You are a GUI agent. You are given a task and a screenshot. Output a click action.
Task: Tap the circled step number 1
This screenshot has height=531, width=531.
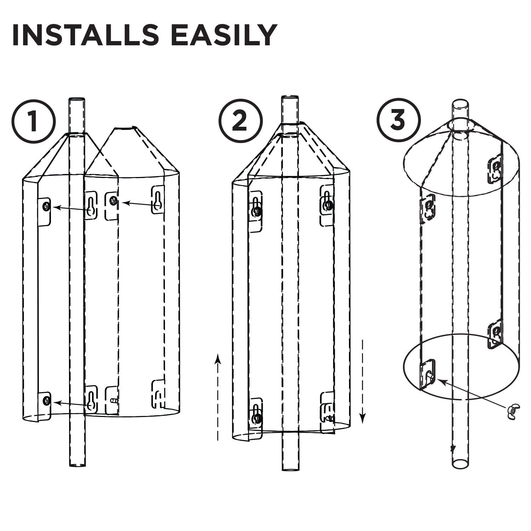34,121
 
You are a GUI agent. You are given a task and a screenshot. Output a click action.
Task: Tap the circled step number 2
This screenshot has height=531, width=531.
240,121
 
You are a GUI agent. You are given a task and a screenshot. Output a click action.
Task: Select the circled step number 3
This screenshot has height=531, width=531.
398,120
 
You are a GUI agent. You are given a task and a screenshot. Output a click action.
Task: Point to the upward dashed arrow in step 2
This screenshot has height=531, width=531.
218,396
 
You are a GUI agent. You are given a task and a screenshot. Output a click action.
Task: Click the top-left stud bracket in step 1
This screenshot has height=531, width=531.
45,211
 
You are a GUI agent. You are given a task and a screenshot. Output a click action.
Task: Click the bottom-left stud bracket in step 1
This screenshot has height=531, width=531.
45,405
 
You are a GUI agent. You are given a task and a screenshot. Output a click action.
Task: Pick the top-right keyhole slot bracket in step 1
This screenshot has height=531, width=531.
158,200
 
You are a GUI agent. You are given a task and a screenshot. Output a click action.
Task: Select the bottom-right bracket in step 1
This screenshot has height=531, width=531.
158,394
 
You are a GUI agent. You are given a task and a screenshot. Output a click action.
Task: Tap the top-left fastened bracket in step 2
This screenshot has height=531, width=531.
256,211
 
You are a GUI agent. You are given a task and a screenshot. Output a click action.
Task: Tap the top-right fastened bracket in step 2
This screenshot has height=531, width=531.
327,205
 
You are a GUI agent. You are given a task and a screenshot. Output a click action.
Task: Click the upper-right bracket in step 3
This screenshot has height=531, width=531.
495,169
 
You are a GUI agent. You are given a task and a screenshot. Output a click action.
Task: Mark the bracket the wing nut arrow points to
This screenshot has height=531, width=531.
428,375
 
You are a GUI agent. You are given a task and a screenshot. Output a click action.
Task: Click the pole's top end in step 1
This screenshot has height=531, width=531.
77,101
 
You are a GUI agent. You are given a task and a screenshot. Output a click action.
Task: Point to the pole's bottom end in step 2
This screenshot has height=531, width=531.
290,469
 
